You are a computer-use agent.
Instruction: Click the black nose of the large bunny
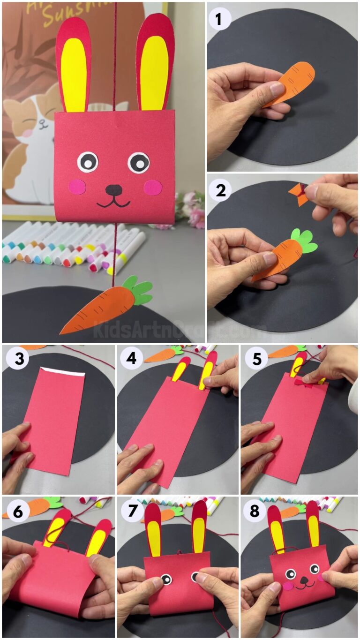113,190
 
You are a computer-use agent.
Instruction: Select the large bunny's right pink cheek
152,188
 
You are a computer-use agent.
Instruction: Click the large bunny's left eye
87,162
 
